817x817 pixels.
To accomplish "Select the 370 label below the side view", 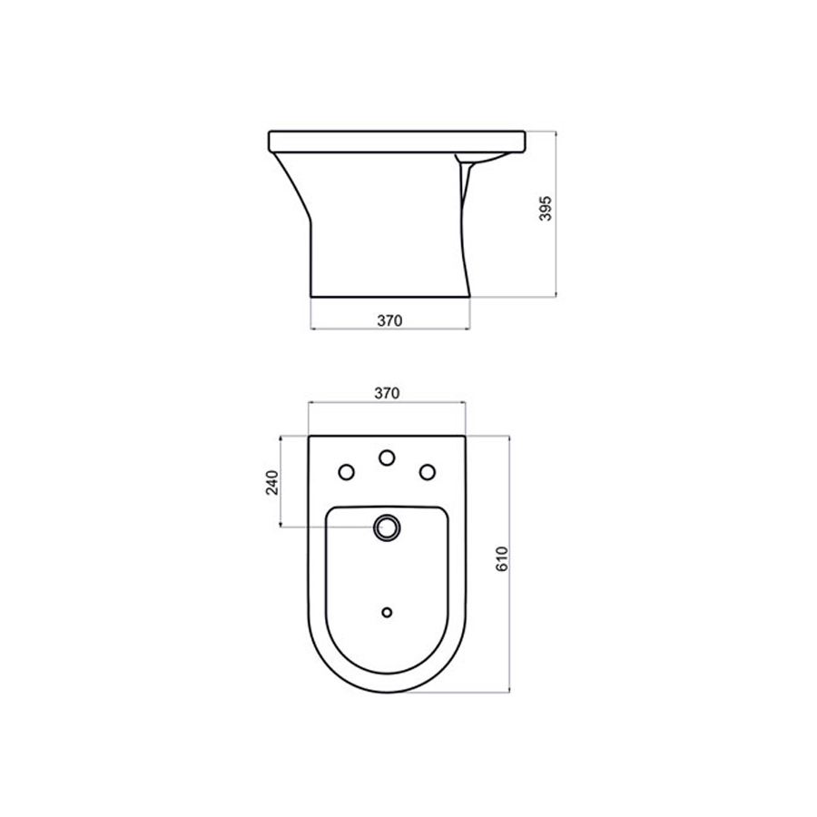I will (x=388, y=320).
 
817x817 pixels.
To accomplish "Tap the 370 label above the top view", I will (x=388, y=393).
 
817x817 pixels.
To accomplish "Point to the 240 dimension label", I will (x=271, y=483).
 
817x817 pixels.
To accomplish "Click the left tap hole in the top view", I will (x=346, y=471).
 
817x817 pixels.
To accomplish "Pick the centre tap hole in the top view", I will (x=388, y=458).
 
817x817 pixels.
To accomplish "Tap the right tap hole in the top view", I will (x=427, y=471).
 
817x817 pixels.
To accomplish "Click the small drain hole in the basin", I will (x=388, y=612).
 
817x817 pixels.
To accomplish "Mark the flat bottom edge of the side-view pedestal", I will (x=390, y=296).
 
